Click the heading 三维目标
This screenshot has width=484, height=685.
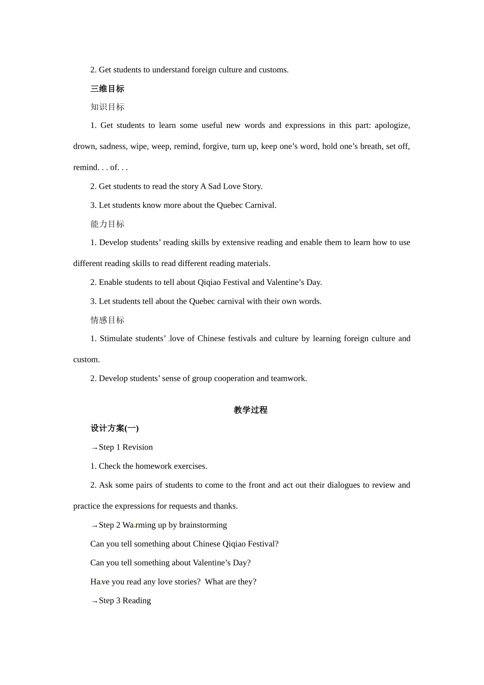(107, 89)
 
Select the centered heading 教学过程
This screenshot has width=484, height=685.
(250, 410)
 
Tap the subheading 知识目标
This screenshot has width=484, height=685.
(107, 107)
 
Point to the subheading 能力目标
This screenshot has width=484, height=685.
(107, 224)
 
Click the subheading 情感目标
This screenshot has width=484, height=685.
(107, 320)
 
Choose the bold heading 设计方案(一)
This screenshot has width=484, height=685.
(115, 428)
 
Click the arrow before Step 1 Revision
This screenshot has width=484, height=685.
(94, 448)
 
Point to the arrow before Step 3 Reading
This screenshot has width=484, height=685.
(94, 601)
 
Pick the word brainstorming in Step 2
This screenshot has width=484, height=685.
(203, 525)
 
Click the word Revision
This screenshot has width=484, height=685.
(138, 447)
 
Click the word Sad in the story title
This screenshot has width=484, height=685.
(214, 186)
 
